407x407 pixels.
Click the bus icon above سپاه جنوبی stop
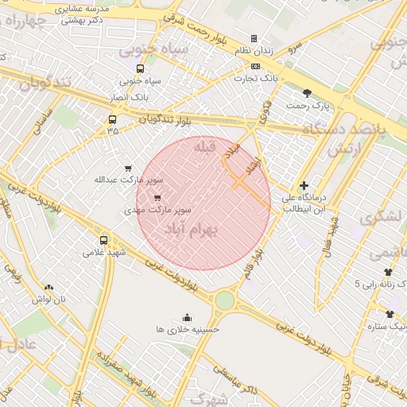point(141,68)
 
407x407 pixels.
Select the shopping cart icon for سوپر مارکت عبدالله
point(128,169)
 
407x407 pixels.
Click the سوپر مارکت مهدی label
point(157,211)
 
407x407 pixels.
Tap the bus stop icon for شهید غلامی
point(103,240)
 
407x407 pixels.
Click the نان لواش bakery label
point(48,300)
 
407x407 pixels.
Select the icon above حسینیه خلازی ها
point(188,317)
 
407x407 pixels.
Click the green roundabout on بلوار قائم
point(225,300)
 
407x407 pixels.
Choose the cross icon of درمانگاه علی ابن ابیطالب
point(304,185)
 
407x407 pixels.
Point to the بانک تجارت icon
point(254,66)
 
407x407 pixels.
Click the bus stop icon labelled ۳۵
point(112,120)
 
